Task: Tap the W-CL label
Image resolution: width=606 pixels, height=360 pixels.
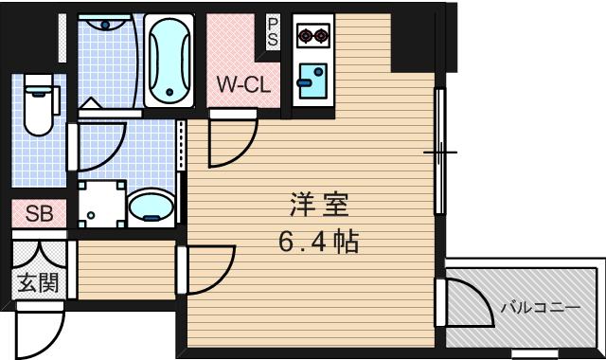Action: [x=243, y=84]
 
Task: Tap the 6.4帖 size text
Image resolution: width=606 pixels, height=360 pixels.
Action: [x=318, y=242]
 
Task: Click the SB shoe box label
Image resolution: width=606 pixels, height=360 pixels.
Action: [x=39, y=214]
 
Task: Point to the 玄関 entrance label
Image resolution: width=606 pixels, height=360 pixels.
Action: [x=38, y=282]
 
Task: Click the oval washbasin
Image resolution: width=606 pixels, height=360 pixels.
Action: [x=150, y=206]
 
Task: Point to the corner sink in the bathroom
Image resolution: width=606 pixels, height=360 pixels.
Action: [x=105, y=29]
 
